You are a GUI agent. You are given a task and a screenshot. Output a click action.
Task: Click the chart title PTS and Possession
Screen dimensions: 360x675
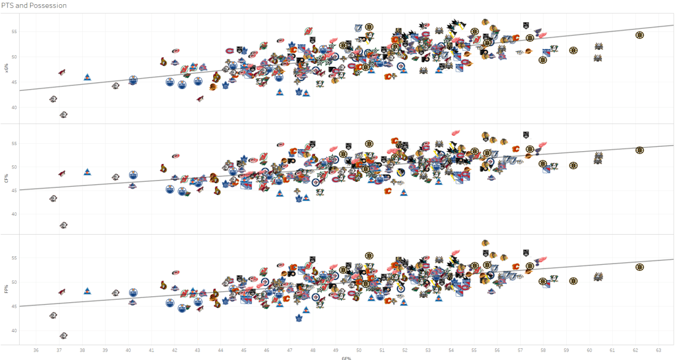(34, 6)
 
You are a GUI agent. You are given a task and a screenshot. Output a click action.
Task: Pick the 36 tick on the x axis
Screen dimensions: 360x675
(36, 350)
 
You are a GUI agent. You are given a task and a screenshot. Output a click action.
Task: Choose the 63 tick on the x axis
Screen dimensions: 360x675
(658, 350)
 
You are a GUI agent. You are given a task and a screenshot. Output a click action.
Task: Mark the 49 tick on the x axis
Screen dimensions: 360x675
(336, 350)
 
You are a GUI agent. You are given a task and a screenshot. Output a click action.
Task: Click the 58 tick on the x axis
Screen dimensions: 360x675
(543, 350)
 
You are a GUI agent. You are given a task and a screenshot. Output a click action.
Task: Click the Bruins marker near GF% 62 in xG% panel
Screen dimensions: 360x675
(639, 36)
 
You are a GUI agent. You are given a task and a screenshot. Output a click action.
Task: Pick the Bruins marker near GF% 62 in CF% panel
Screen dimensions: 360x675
(639, 151)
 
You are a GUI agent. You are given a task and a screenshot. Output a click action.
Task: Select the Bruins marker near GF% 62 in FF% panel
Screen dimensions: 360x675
(639, 267)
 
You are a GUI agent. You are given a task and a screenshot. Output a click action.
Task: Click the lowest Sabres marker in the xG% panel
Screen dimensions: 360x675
(63, 115)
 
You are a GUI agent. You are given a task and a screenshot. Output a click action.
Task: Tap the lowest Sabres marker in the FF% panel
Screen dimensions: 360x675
(63, 335)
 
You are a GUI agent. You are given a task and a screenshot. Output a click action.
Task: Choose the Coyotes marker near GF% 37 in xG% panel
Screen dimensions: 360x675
(61, 72)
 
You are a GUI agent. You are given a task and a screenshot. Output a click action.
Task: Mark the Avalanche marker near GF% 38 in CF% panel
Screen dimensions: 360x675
(87, 172)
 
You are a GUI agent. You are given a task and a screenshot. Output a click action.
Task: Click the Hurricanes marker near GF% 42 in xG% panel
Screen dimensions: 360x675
(176, 50)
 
